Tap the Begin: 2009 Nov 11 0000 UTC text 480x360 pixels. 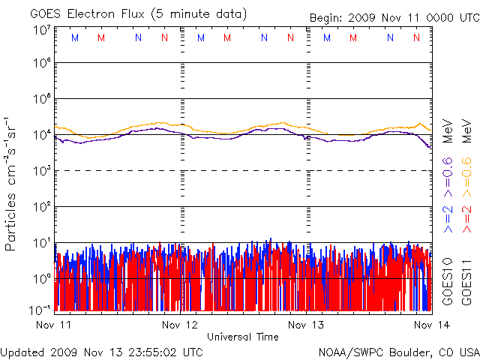pos(393,18)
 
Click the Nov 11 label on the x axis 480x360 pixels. pos(53,325)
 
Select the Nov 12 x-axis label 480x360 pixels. pos(180,325)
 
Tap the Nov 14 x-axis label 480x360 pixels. pos(430,325)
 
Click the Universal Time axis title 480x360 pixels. pos(243,337)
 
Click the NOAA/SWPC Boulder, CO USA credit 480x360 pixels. pos(398,352)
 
